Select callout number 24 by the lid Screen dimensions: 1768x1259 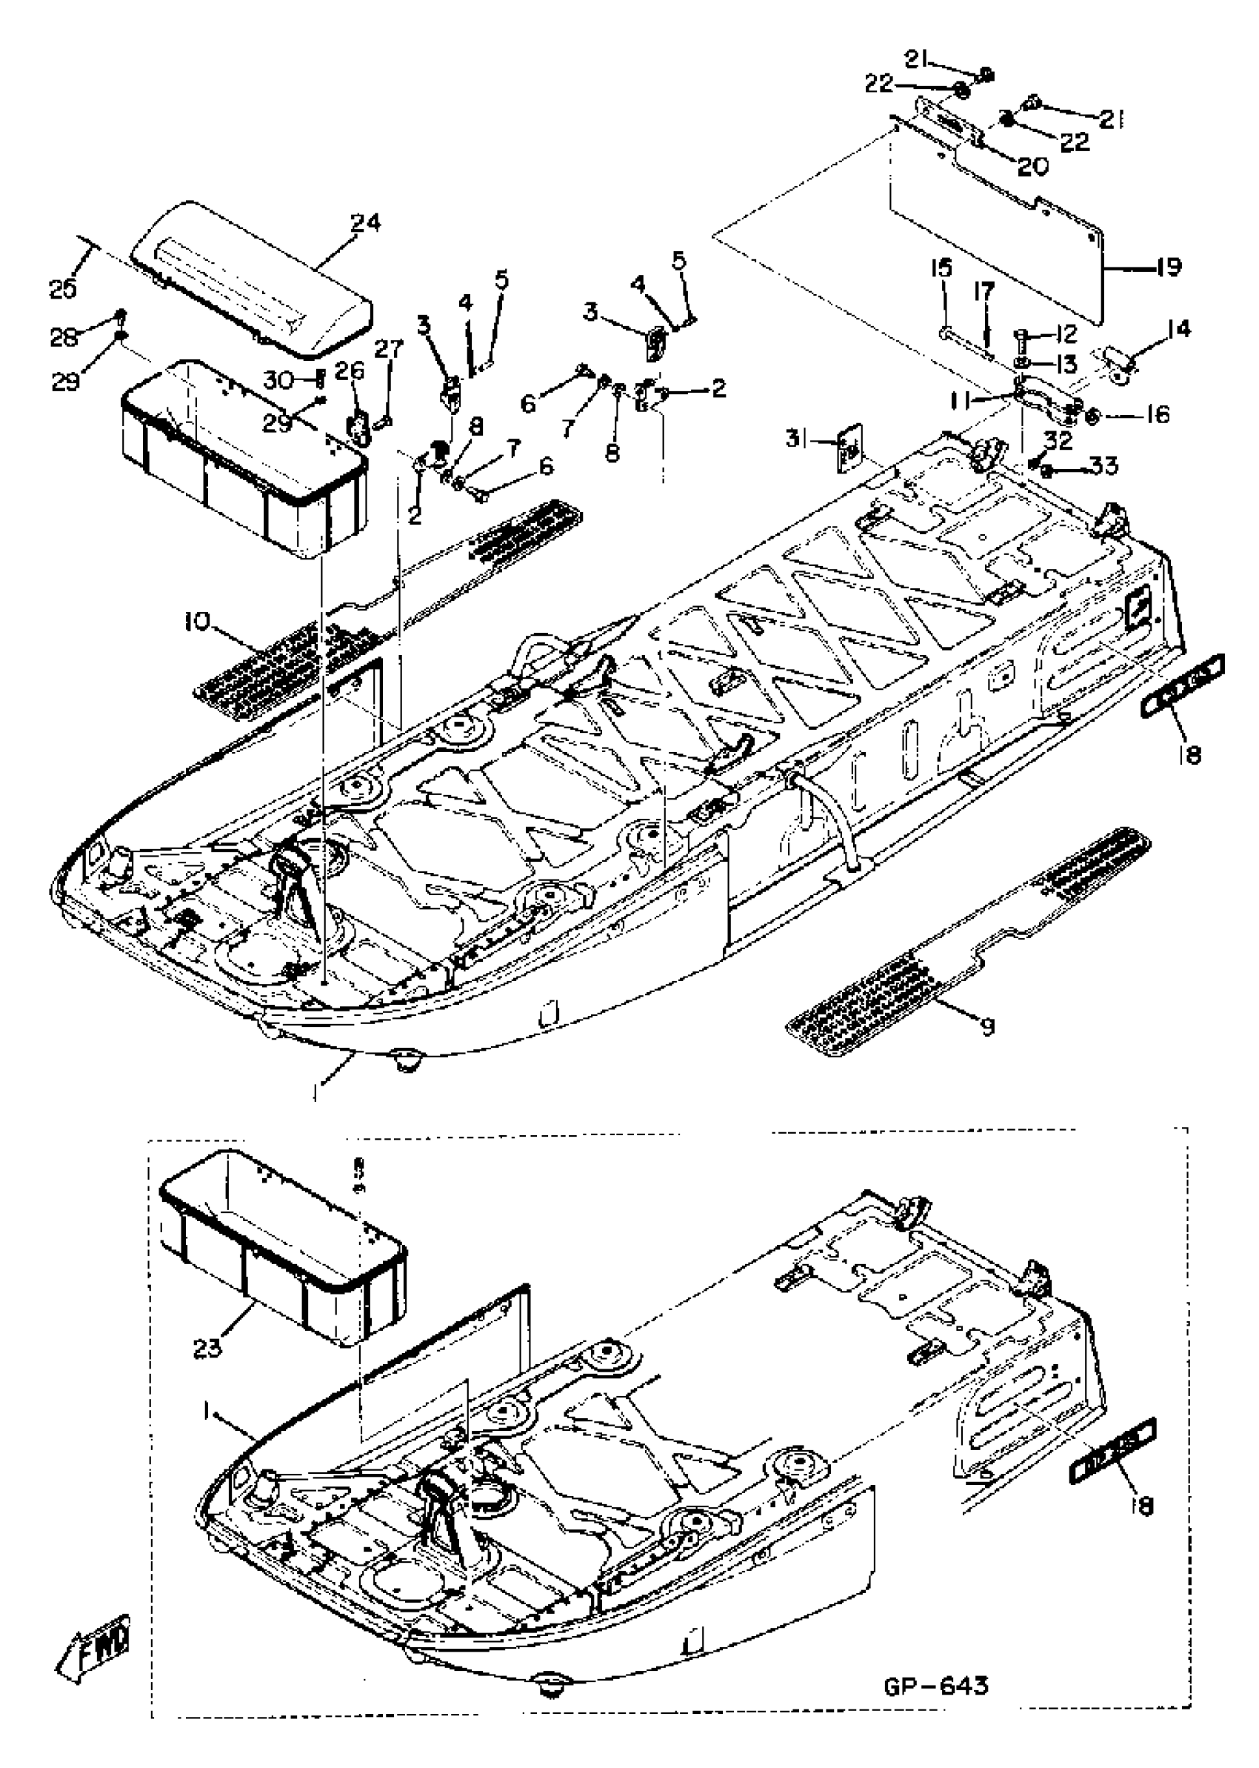point(365,223)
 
